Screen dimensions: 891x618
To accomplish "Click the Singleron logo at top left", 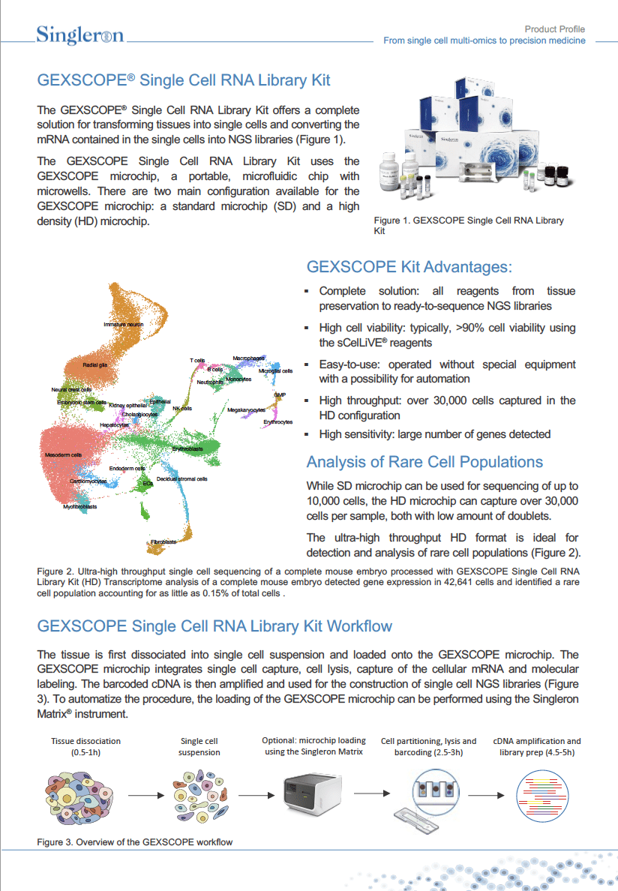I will pyautogui.click(x=80, y=34).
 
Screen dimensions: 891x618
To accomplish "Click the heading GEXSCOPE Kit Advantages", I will pyautogui.click(x=409, y=267).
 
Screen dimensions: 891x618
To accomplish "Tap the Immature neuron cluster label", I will pyautogui.click(x=124, y=324).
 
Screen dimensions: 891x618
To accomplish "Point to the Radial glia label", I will pyautogui.click(x=95, y=364).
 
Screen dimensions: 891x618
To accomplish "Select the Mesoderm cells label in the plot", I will pyautogui.click(x=63, y=455).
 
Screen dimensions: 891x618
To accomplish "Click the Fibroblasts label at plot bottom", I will pyautogui.click(x=163, y=541).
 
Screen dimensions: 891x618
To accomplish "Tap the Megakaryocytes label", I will pyautogui.click(x=247, y=410).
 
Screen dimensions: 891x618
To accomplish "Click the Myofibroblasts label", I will pyautogui.click(x=80, y=506).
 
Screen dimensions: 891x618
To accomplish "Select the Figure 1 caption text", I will pyautogui.click(x=468, y=226).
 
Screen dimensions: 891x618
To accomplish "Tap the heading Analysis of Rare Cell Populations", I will pyautogui.click(x=424, y=462).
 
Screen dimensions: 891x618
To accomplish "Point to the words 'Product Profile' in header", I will pyautogui.click(x=554, y=29).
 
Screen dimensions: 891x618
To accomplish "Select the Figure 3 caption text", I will pyautogui.click(x=135, y=841).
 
